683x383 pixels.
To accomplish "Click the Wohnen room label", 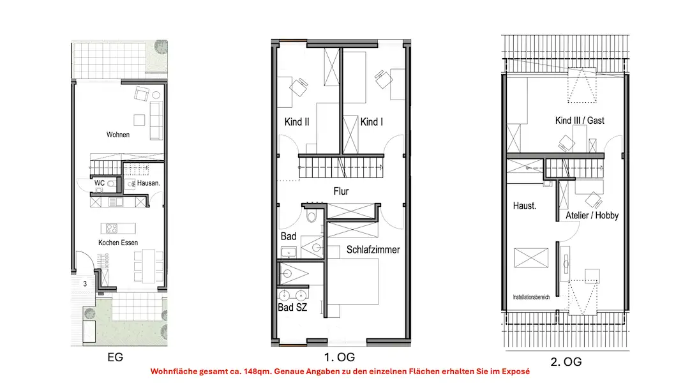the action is tap(118, 135).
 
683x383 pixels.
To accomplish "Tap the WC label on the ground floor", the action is tap(100, 183).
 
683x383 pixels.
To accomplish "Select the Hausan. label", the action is tap(149, 183).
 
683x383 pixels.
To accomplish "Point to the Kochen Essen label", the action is tap(118, 243).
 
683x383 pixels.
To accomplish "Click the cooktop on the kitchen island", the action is tap(112, 229).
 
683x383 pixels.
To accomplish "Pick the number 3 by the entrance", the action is tap(85, 283).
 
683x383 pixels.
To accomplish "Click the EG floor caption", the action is tap(116, 357).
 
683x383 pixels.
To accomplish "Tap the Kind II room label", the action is tap(297, 122).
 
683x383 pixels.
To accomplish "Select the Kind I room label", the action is tap(372, 122).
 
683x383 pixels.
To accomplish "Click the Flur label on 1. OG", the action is tap(341, 191).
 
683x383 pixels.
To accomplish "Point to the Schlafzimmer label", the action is tap(373, 250).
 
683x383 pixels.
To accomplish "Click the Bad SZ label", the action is tap(292, 307).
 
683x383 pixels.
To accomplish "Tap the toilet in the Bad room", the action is tap(311, 216).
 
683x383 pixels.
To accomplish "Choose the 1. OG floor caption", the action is tap(340, 357).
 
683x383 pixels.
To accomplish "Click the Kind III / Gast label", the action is tap(580, 120).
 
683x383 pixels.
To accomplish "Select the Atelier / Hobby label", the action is tap(592, 215).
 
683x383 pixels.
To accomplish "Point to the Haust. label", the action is tap(525, 206).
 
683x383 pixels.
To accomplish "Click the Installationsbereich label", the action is tap(531, 297).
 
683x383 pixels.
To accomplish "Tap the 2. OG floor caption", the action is tap(566, 362).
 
